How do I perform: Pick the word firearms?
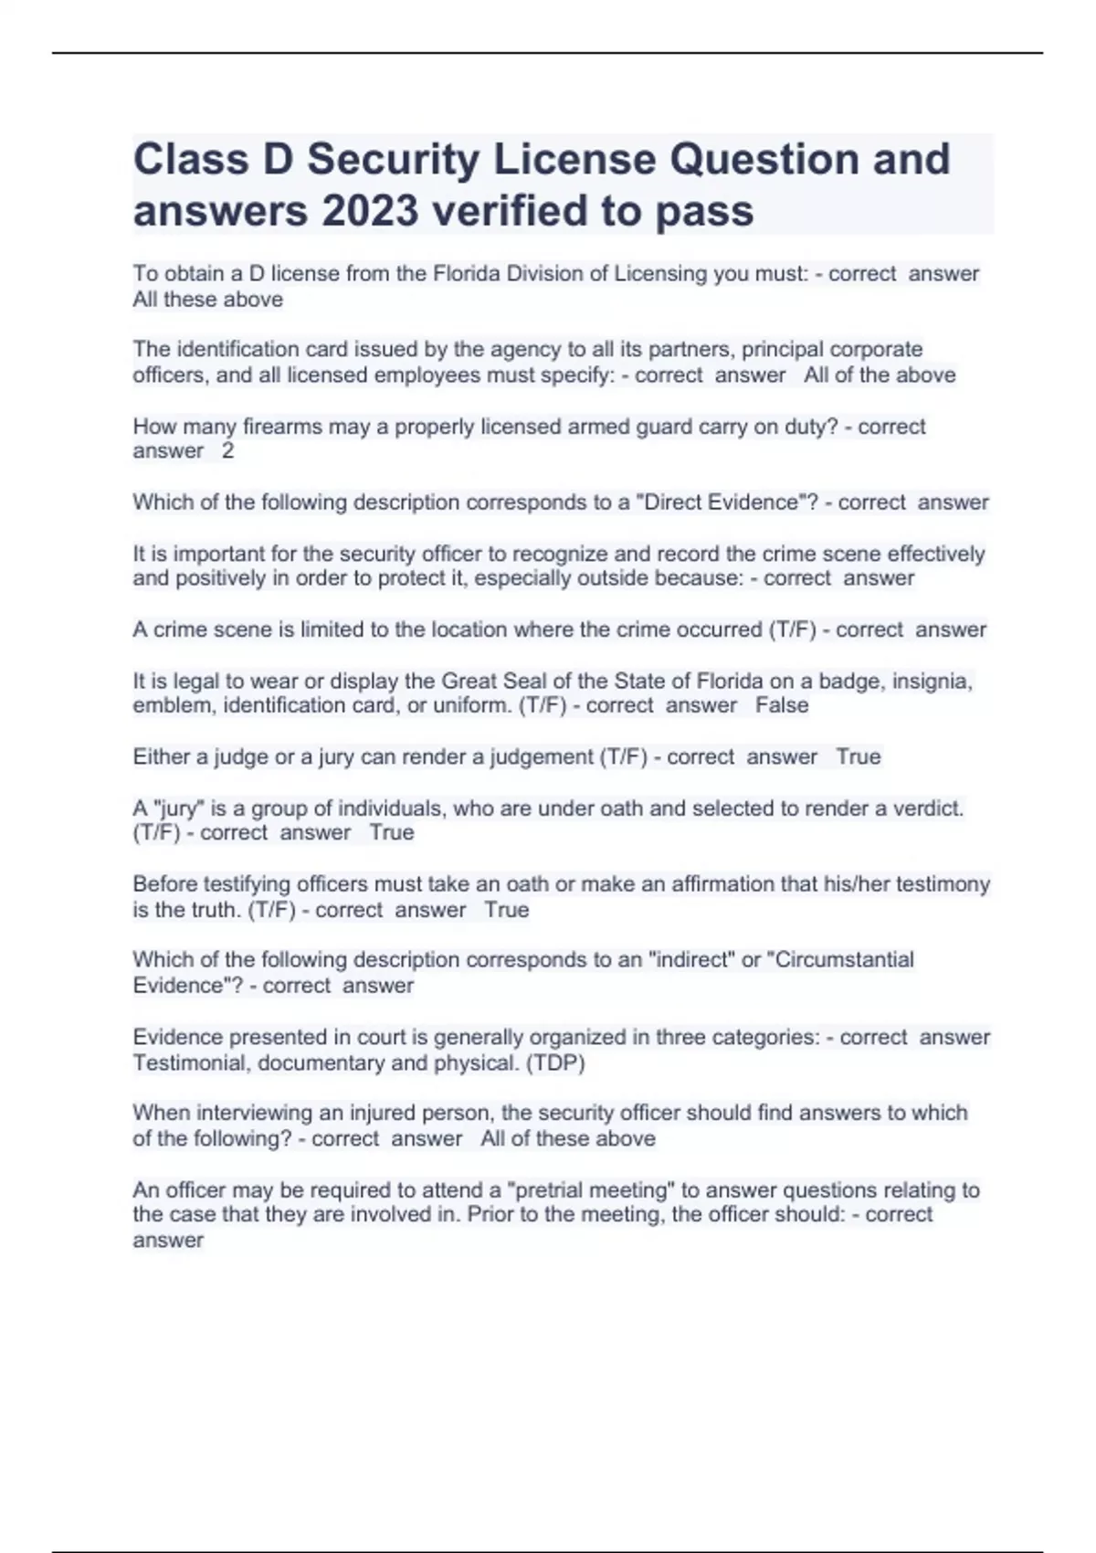(x=280, y=427)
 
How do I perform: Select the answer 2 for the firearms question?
(x=227, y=451)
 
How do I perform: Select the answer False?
(x=782, y=705)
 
